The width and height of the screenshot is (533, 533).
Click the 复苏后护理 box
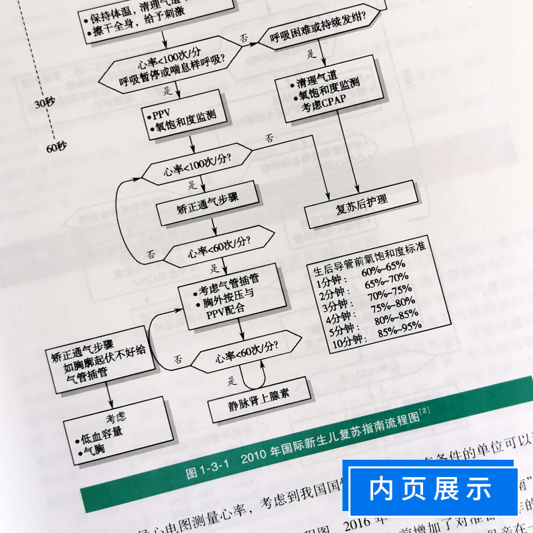tap(362, 205)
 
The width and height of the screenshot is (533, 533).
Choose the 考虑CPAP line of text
tap(318, 109)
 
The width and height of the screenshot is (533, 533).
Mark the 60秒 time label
tap(58, 147)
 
